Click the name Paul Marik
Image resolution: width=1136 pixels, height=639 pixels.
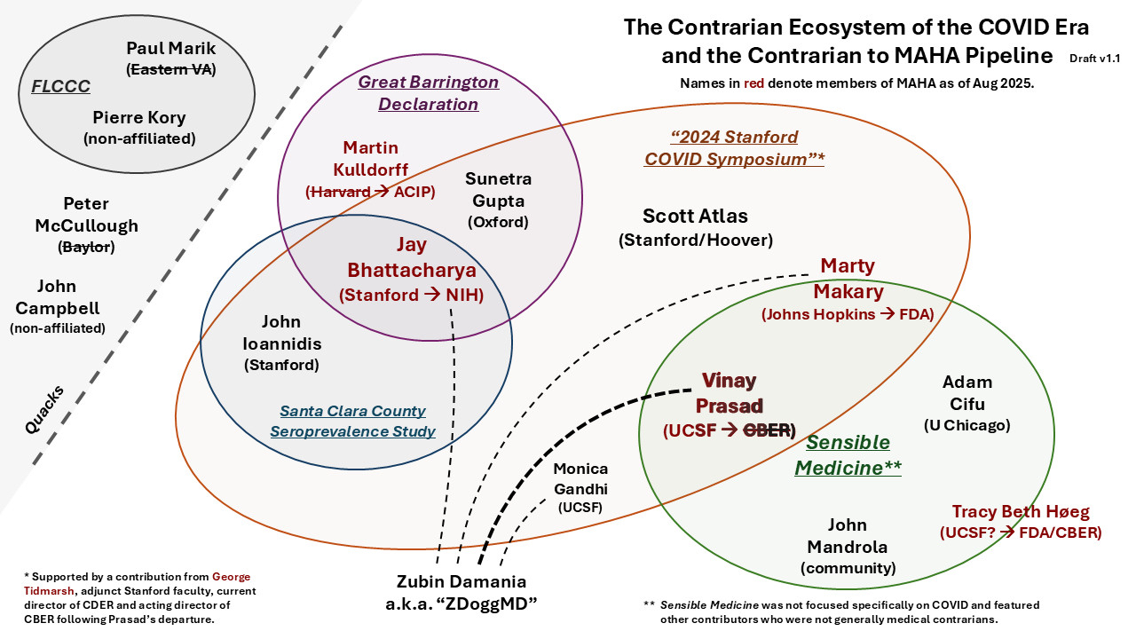(171, 48)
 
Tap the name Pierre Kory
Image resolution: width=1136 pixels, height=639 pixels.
(139, 117)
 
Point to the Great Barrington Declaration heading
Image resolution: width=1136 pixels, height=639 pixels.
(429, 93)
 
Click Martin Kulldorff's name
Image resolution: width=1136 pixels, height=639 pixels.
(371, 158)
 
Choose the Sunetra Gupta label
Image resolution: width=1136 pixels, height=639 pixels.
(498, 189)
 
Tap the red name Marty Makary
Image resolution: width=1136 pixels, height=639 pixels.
(847, 279)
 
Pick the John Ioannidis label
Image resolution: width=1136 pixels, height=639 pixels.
(281, 332)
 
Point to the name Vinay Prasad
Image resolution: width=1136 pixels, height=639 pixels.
(729, 393)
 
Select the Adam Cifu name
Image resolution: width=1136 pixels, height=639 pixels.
(966, 393)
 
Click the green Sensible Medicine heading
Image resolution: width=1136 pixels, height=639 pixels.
(848, 455)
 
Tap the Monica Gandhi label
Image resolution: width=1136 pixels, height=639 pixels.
(580, 478)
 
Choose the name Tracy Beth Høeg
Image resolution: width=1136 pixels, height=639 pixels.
(1020, 512)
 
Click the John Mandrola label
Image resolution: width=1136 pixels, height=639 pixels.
(847, 535)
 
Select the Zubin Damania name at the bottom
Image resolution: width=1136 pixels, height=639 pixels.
(461, 582)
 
